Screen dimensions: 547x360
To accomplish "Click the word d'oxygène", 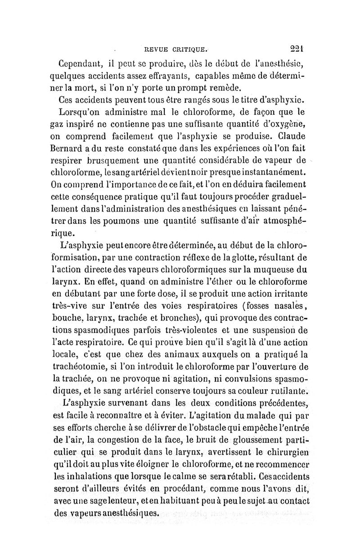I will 285,123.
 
